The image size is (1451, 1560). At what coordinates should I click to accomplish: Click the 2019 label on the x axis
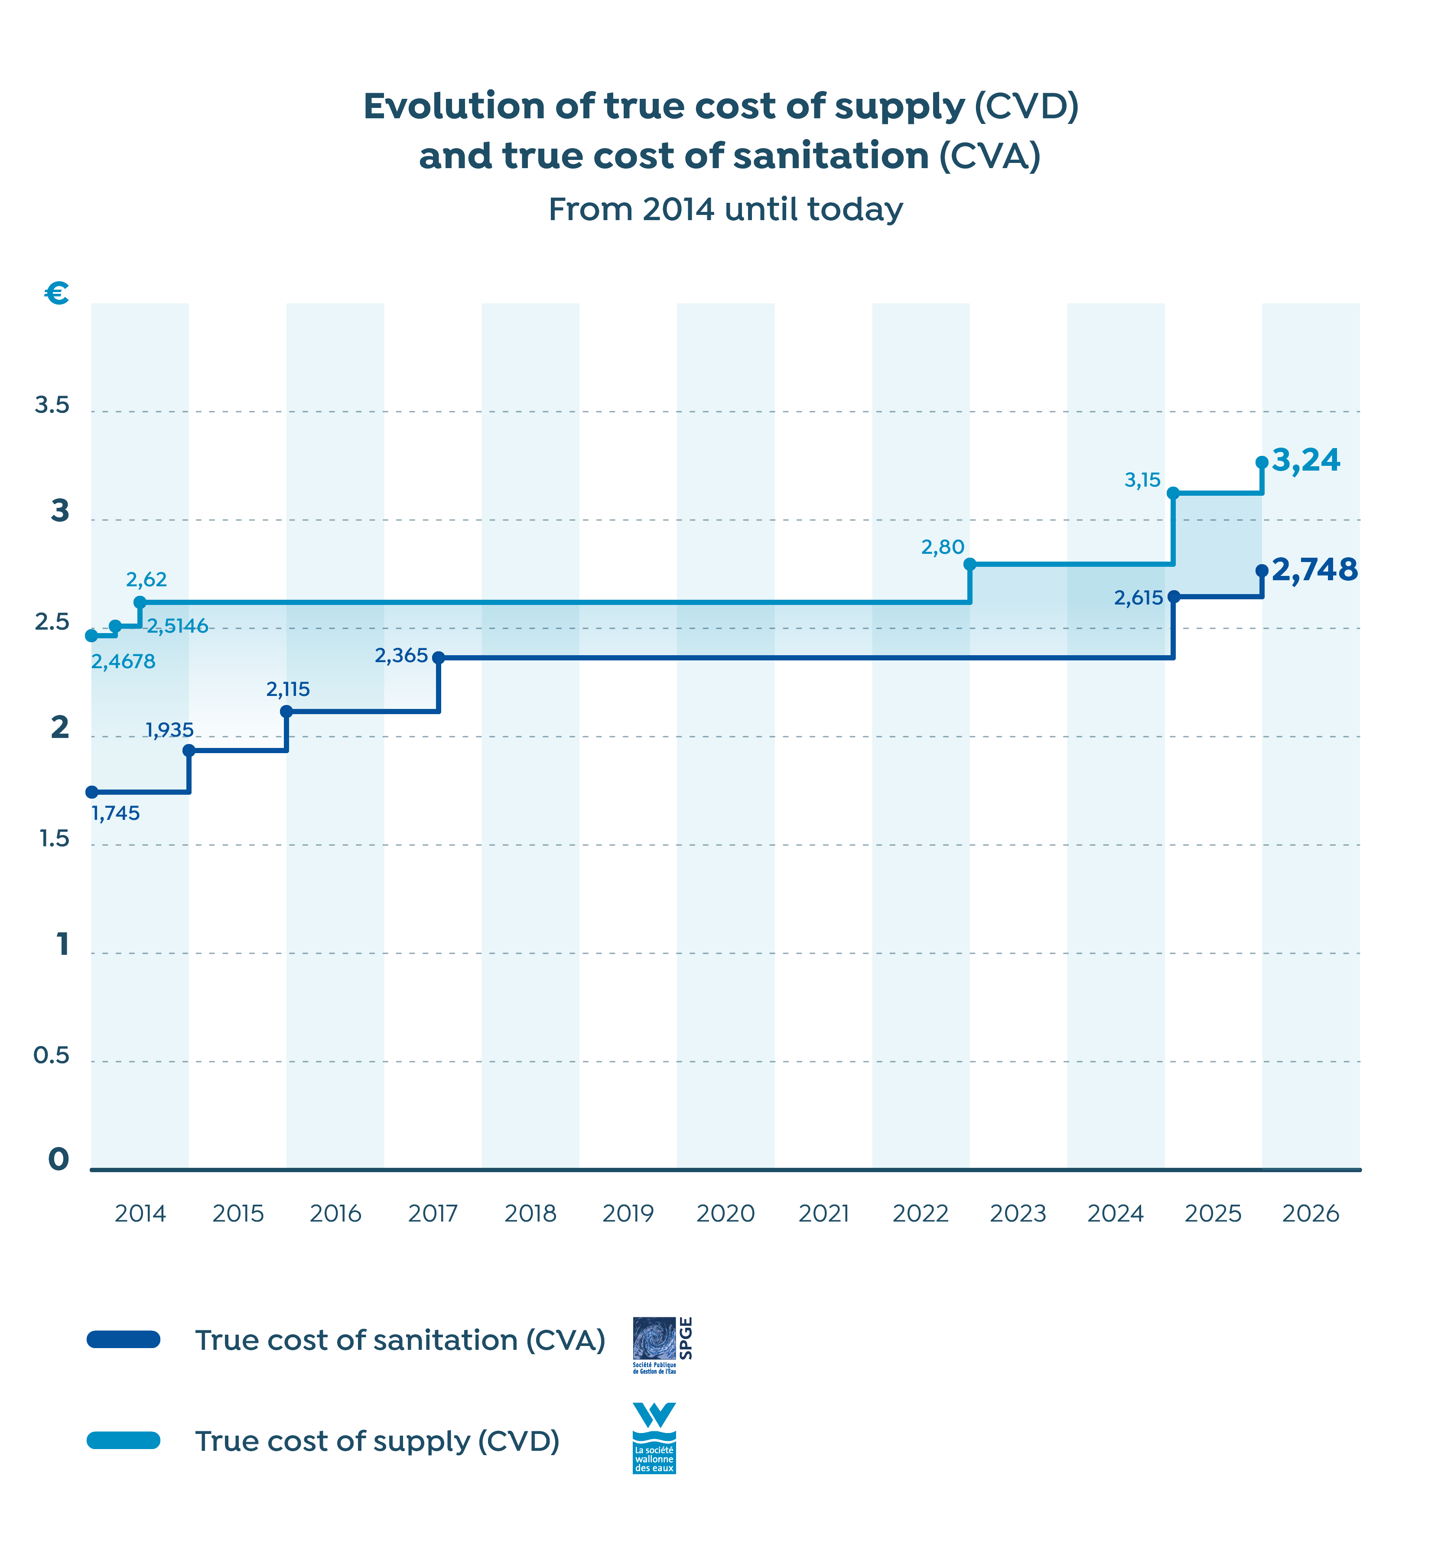point(628,1214)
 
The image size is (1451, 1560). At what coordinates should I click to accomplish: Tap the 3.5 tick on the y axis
point(52,405)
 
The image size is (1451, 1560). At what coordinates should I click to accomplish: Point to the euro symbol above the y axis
point(56,293)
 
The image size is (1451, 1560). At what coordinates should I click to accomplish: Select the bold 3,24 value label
point(1306,460)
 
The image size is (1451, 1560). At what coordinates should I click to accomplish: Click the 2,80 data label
point(943,547)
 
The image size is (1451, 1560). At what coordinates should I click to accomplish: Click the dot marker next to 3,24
point(1262,462)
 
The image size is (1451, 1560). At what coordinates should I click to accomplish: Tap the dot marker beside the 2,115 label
point(286,712)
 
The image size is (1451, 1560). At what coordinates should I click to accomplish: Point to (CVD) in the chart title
point(1026,106)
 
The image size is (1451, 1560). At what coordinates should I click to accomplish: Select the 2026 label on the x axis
point(1311,1214)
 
